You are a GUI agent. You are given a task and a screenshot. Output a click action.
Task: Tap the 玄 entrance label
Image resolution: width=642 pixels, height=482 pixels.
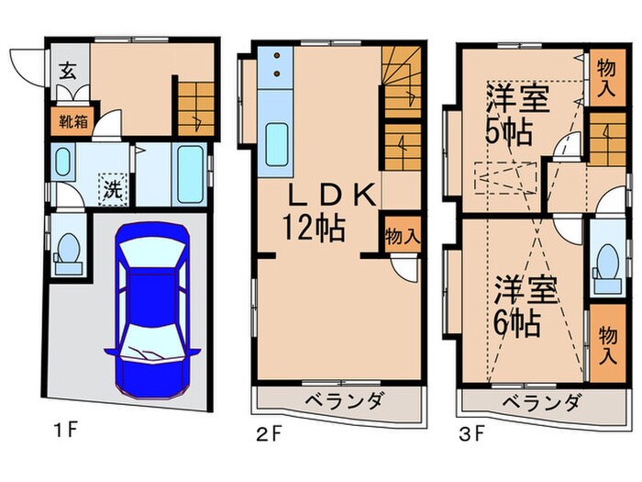(x=68, y=70)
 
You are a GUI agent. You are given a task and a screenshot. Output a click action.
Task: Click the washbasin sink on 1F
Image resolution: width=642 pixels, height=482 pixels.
(x=62, y=163)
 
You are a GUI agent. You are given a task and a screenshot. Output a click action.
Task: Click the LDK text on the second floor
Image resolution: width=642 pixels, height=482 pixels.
(x=318, y=196)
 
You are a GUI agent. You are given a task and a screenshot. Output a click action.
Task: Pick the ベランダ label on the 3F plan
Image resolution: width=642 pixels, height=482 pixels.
(x=540, y=403)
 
